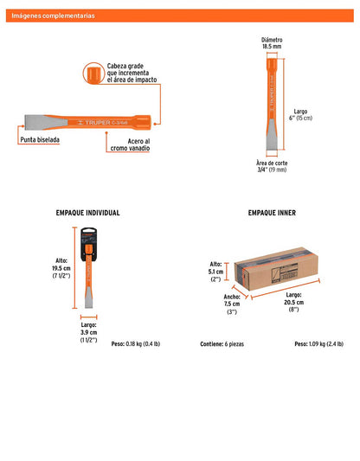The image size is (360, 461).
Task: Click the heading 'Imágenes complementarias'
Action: click(x=53, y=16)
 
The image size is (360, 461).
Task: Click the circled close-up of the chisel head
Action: click(x=93, y=74)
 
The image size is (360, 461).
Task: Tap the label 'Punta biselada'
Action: click(x=40, y=140)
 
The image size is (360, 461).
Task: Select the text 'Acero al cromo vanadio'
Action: click(x=130, y=145)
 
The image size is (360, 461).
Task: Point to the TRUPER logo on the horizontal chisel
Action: click(x=103, y=122)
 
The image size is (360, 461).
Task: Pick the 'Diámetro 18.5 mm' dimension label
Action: click(x=272, y=43)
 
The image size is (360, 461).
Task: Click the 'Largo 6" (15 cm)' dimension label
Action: click(x=300, y=115)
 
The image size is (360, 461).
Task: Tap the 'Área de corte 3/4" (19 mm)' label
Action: click(x=272, y=166)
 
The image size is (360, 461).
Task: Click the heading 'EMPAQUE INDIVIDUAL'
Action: click(x=87, y=213)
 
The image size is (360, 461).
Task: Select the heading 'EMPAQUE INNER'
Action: click(x=272, y=213)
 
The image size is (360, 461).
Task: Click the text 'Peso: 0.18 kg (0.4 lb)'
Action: click(x=136, y=344)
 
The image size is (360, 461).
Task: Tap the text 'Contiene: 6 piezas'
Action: click(x=222, y=344)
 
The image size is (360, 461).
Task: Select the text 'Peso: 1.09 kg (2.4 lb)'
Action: click(x=318, y=344)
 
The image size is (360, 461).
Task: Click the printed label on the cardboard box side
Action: click(x=285, y=274)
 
